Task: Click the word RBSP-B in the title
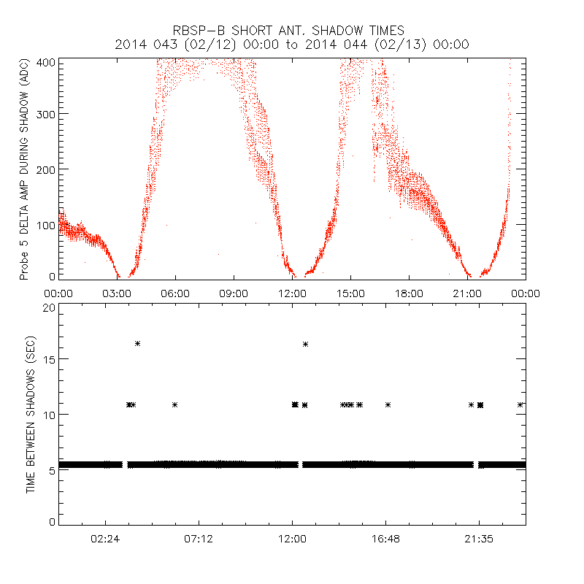click(196, 31)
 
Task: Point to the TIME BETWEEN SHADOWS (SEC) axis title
click(31, 415)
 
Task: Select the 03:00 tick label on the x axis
click(117, 293)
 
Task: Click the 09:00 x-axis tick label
click(234, 293)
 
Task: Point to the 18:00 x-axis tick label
click(409, 293)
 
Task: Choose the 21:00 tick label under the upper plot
click(467, 293)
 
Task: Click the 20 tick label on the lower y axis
click(47, 308)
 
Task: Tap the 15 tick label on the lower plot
click(47, 359)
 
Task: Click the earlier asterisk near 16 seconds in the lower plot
click(137, 343)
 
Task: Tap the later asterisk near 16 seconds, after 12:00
click(305, 344)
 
